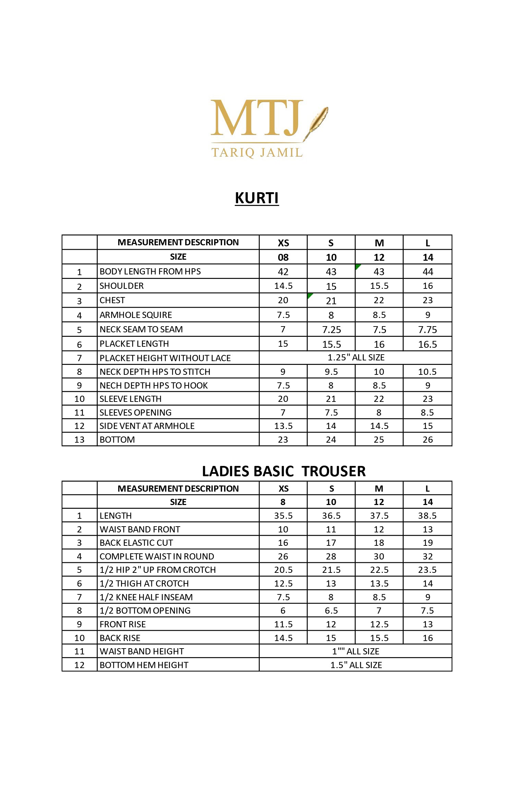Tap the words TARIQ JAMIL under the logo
(257, 152)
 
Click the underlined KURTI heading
(257, 198)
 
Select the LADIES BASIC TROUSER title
(284, 471)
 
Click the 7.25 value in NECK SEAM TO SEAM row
(331, 330)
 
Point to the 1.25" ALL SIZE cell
(356, 358)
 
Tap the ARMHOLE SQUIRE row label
(136, 315)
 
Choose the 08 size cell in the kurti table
(283, 257)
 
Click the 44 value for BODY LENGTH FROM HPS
(428, 272)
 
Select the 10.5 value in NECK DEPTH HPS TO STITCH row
(427, 372)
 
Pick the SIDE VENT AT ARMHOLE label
(147, 426)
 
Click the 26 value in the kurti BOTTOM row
(428, 440)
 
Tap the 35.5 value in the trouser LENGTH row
(283, 516)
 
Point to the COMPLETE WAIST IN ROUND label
(157, 556)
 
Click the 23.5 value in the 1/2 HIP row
(427, 570)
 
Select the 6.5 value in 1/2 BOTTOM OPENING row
(331, 611)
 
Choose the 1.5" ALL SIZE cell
(356, 665)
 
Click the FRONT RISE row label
(123, 624)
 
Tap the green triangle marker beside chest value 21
(310, 296)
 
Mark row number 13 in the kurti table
(79, 440)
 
